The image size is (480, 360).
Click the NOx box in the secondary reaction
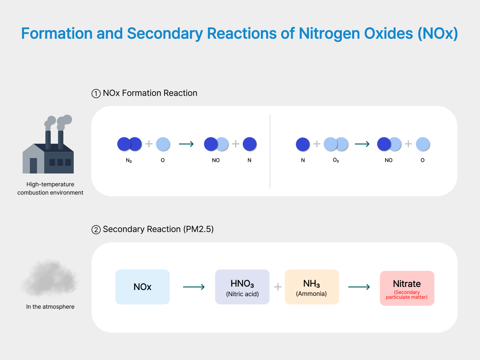pyautogui.click(x=142, y=287)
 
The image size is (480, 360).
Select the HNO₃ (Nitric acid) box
pyautogui.click(x=242, y=287)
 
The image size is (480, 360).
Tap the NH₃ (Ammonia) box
pyautogui.click(x=312, y=287)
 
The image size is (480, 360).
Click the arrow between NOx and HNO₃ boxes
pyautogui.click(x=194, y=287)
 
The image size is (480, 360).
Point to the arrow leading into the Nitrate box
pyautogui.click(x=359, y=287)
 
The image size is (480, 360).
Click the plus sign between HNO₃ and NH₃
pyautogui.click(x=278, y=287)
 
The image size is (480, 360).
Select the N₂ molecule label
pyautogui.click(x=129, y=160)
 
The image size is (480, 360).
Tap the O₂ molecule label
pyautogui.click(x=336, y=160)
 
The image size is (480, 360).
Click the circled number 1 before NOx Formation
pyautogui.click(x=96, y=94)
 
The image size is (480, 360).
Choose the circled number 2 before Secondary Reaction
pyautogui.click(x=96, y=230)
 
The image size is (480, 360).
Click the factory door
pyautogui.click(x=33, y=166)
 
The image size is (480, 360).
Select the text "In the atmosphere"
pyautogui.click(x=50, y=307)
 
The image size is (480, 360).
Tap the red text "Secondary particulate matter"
pyautogui.click(x=407, y=295)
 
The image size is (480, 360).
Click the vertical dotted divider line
pyautogui.click(x=270, y=151)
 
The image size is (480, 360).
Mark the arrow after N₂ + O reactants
pyautogui.click(x=186, y=144)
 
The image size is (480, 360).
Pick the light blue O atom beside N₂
pyautogui.click(x=163, y=144)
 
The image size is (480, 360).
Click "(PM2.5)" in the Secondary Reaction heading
pyautogui.click(x=198, y=229)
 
